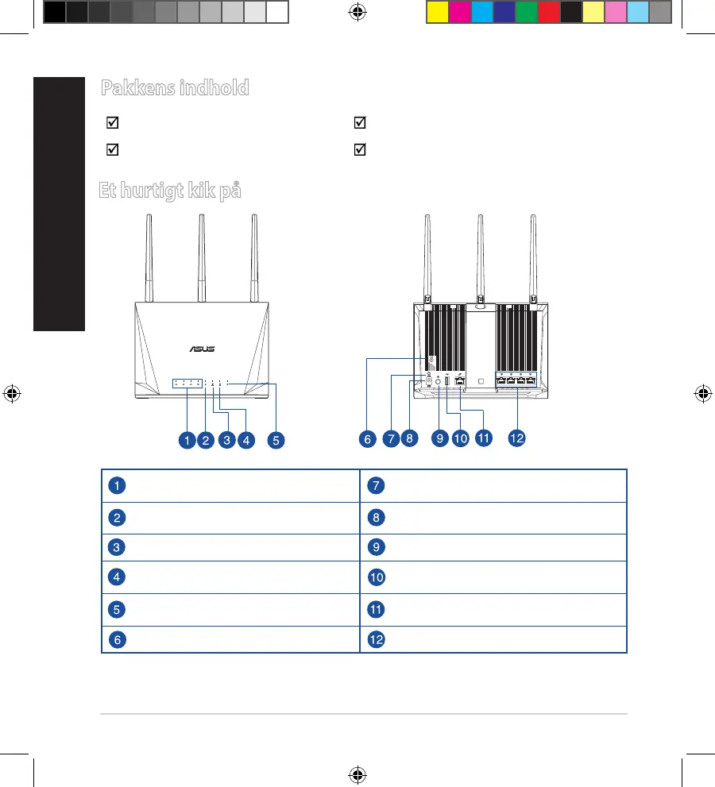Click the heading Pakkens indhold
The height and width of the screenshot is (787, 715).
tap(174, 88)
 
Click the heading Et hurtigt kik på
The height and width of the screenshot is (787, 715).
tap(169, 191)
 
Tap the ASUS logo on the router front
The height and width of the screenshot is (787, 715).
tap(200, 348)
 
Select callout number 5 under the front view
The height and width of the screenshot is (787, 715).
tap(276, 439)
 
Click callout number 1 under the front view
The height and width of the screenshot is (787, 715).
tap(186, 439)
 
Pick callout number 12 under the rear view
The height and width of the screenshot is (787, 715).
tap(517, 438)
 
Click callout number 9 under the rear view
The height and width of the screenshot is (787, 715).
tap(439, 438)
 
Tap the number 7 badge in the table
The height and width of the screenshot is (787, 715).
tap(376, 485)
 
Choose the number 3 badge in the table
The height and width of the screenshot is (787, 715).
tap(117, 547)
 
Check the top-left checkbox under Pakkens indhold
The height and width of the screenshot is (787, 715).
tap(112, 123)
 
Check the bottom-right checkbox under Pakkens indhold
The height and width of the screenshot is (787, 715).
tap(360, 149)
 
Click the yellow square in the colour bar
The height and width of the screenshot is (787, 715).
tap(437, 12)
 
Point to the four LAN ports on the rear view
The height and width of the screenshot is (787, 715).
tap(516, 380)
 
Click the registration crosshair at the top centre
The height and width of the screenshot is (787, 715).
tap(357, 13)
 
